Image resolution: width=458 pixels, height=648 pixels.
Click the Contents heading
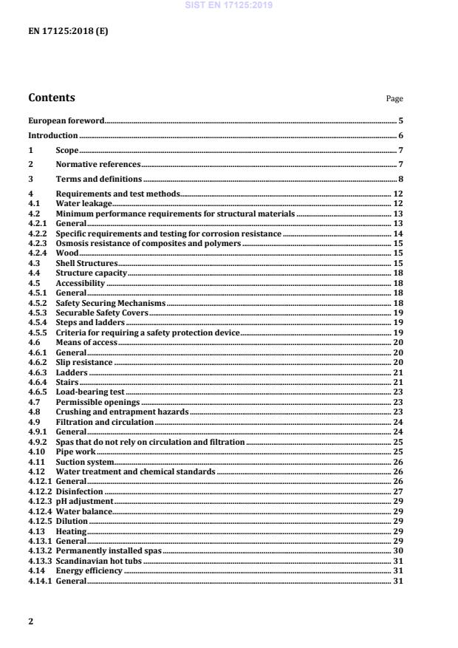tap(51, 98)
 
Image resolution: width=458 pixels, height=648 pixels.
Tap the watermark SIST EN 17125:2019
tap(229, 4)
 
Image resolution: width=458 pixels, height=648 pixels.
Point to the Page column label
tap(394, 98)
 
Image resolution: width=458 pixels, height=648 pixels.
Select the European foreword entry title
tap(66, 120)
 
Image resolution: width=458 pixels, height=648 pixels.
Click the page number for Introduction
tap(400, 135)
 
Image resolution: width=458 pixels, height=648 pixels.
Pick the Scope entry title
tap(67, 151)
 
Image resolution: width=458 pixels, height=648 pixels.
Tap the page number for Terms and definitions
tap(400, 180)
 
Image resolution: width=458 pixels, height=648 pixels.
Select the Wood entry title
tap(67, 253)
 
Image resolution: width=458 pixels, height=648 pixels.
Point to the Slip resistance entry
tap(84, 363)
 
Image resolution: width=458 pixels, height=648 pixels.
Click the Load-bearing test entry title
tap(90, 392)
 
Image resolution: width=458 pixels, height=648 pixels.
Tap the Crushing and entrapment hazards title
tap(122, 412)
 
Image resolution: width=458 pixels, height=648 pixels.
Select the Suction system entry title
tap(85, 462)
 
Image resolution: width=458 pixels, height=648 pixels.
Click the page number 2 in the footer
tap(31, 621)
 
